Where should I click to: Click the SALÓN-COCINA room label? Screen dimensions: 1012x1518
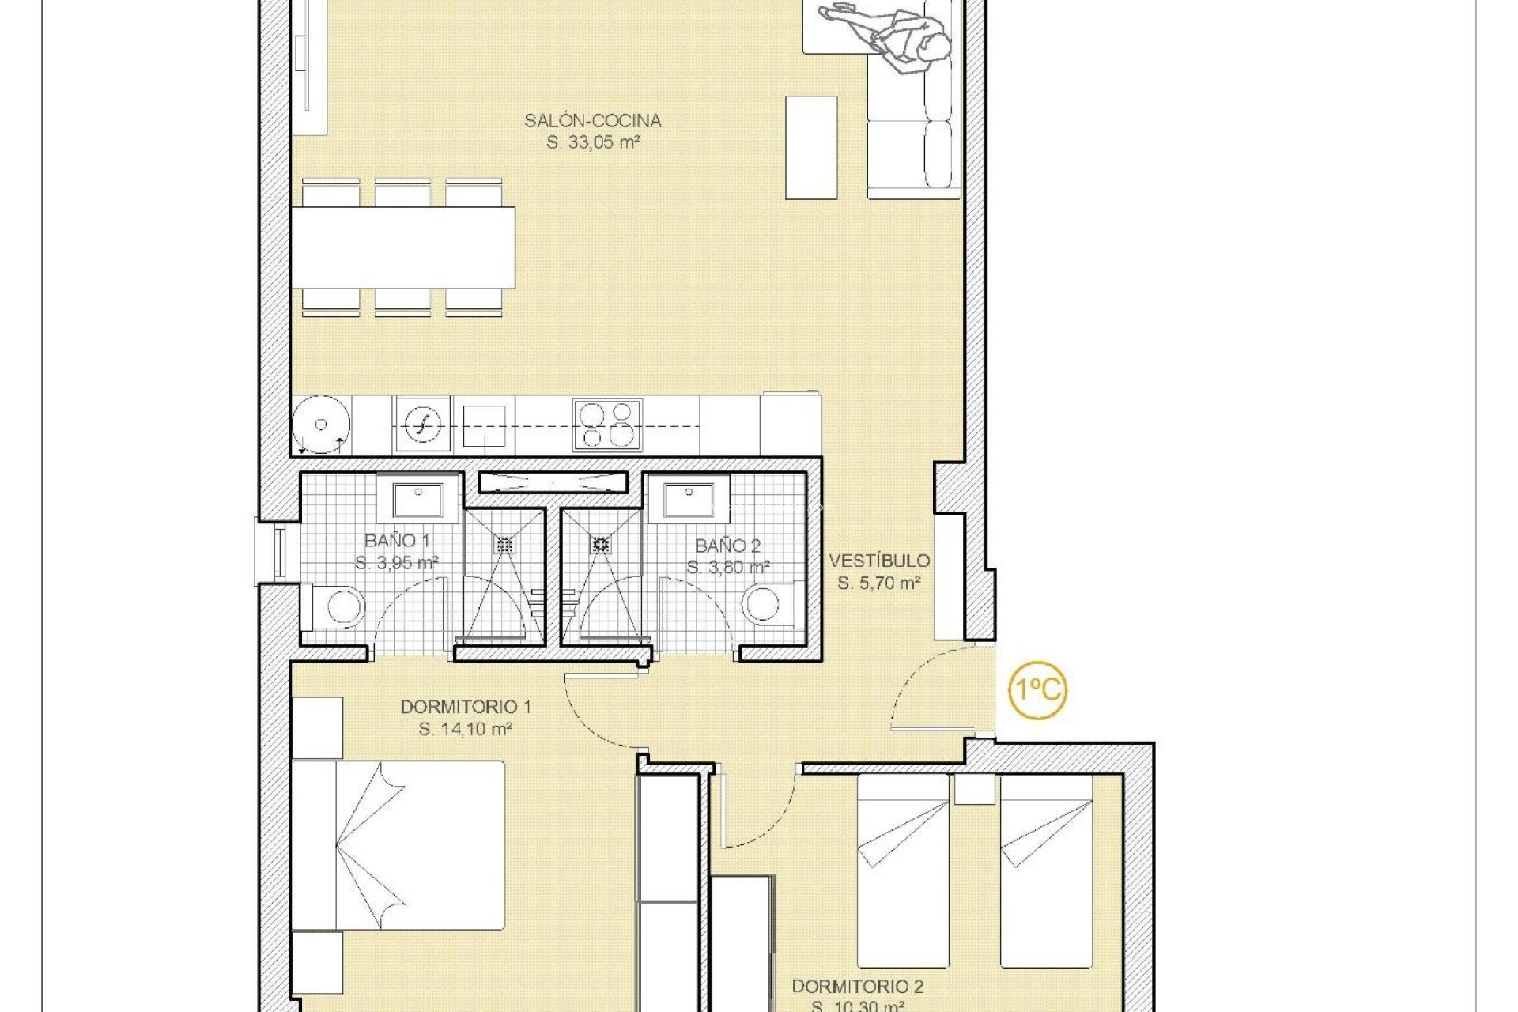(x=592, y=121)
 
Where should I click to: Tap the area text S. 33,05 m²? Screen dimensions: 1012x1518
(x=592, y=143)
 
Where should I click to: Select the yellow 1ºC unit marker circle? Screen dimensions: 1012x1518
(x=1037, y=689)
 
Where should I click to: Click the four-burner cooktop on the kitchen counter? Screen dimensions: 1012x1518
(x=607, y=425)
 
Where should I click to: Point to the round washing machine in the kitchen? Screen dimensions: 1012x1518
(x=320, y=425)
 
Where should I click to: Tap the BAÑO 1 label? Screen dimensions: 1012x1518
(x=397, y=541)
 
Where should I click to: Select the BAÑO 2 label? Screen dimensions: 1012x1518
(x=727, y=546)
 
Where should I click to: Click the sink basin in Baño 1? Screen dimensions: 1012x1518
(x=418, y=500)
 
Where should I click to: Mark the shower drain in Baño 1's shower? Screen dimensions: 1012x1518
(x=504, y=544)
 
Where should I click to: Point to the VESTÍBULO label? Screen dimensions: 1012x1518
(x=879, y=561)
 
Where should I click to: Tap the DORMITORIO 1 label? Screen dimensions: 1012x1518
(x=465, y=707)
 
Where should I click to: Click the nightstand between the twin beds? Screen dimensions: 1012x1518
(x=974, y=789)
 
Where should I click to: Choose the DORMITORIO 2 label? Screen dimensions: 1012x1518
(x=857, y=987)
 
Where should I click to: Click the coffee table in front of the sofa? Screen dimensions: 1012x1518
(x=811, y=148)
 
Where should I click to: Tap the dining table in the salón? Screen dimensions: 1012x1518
(x=403, y=247)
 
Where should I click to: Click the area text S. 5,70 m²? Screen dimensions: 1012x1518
(x=879, y=583)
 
